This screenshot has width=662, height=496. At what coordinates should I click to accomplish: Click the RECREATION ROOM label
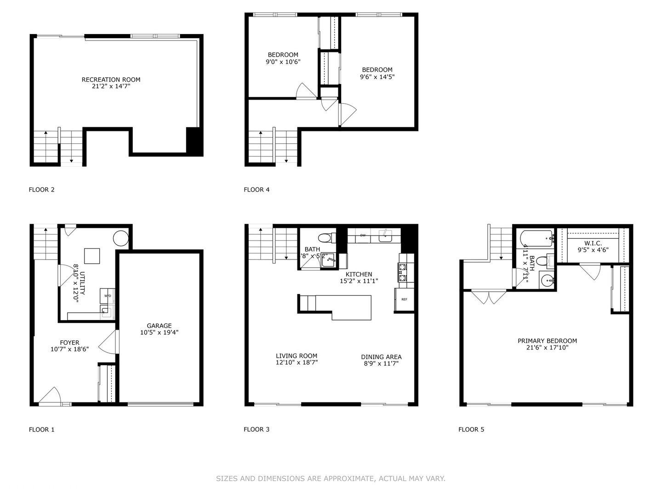111,79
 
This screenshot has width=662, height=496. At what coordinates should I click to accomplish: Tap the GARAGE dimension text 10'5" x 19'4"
159,333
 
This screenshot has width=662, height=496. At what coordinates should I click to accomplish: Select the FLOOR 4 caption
257,189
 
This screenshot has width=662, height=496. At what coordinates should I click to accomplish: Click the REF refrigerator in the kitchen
404,299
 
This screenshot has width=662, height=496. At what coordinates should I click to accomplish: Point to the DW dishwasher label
363,235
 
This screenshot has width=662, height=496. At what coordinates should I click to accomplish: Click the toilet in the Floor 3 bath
324,238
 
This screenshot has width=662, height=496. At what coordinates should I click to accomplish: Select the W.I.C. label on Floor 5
593,243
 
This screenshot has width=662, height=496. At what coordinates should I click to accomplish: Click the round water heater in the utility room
120,238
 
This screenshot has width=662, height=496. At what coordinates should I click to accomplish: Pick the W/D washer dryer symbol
108,296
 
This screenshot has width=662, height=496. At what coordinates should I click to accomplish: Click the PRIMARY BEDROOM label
547,341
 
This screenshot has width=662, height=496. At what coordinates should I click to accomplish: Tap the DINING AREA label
381,357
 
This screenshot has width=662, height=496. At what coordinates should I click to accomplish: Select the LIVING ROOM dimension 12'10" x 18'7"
297,362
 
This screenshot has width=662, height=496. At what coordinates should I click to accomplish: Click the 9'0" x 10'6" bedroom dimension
283,62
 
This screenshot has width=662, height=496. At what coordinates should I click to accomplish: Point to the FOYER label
69,343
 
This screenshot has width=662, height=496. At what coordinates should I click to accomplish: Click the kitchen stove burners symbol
403,272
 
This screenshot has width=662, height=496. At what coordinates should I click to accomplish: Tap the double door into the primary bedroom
489,297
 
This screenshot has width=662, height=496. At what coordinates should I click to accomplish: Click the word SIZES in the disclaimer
226,479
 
